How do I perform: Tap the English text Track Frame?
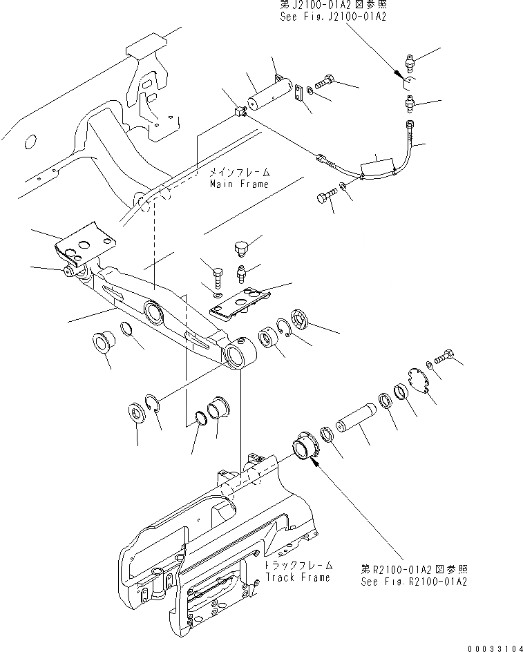(297, 577)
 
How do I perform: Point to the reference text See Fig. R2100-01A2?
(414, 582)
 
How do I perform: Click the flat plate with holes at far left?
(86, 242)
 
